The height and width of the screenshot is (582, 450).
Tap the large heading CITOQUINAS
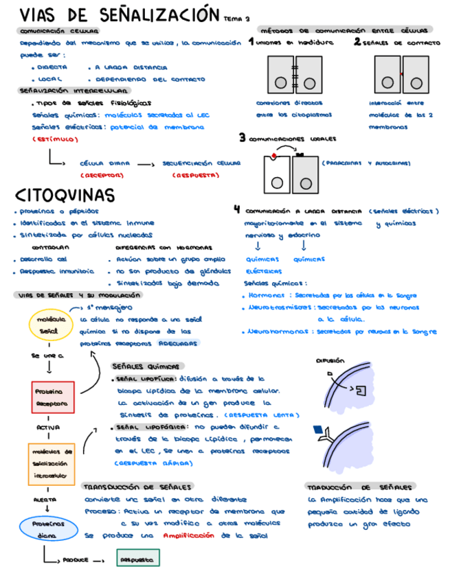pos(65,195)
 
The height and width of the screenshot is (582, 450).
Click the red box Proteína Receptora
pos(52,397)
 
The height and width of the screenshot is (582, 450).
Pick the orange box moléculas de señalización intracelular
pos(52,463)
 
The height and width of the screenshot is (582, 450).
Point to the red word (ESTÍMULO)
pos(55,140)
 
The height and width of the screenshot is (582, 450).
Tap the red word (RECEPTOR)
pos(101,176)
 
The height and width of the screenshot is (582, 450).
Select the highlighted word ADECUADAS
pos(175,342)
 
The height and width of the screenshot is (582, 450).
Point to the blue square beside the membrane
pos(316,430)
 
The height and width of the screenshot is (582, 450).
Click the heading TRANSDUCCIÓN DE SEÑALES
pos(137,486)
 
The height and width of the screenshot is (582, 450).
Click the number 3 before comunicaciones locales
pos(242,137)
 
